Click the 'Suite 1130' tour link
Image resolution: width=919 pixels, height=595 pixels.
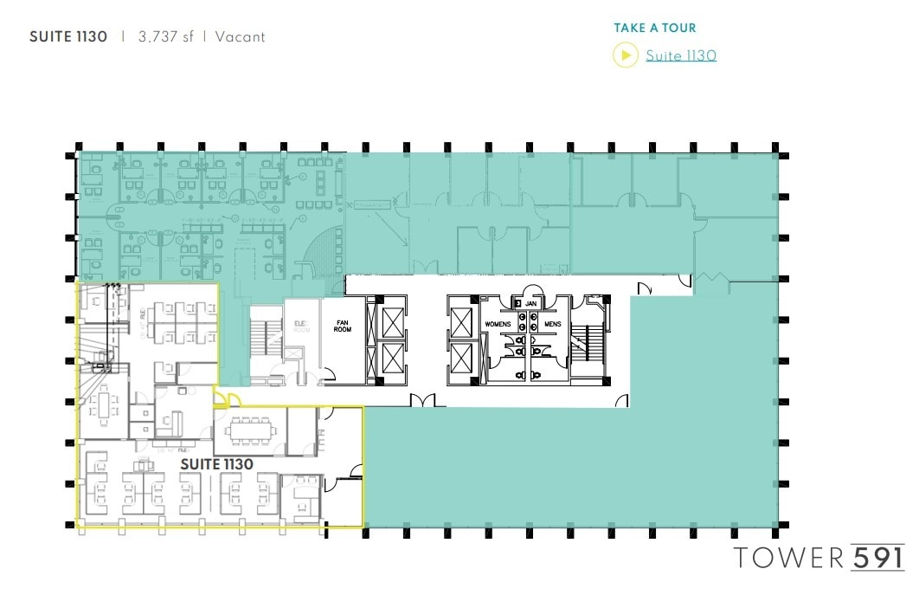[x=680, y=56]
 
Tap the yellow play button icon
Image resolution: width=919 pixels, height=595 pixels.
[x=625, y=55]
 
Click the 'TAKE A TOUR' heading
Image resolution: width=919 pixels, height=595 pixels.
[x=655, y=29]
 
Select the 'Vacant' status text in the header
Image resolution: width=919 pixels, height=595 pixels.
[x=241, y=37]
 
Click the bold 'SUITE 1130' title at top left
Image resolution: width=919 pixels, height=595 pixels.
[x=68, y=37]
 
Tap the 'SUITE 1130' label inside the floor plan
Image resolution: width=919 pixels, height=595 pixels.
[x=216, y=464]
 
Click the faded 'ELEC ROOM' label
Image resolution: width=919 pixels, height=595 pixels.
[x=300, y=326]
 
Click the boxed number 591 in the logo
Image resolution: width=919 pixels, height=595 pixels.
[x=877, y=556]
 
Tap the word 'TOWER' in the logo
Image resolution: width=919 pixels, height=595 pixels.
[x=788, y=557]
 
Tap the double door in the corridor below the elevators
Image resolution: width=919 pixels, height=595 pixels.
[x=423, y=399]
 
